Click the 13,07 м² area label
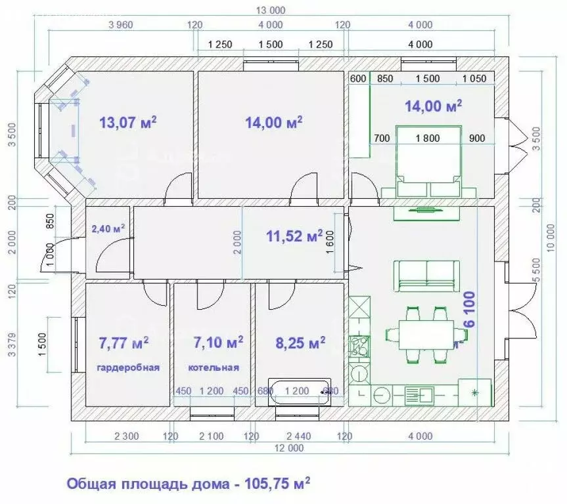coord(127,122)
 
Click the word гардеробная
coord(129,367)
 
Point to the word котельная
coord(214,367)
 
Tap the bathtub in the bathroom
coord(300,391)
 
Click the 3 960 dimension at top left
coord(120,26)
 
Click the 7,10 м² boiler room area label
coord(218,342)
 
